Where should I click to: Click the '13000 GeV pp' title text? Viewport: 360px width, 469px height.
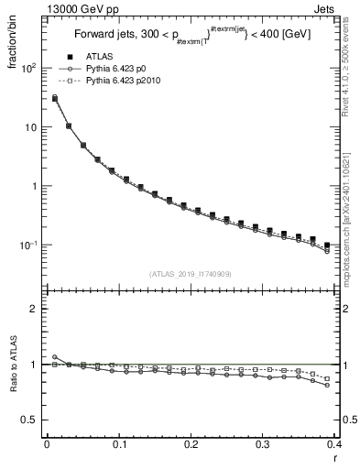(x=42, y=8)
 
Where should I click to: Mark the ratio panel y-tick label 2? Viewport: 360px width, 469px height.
(x=33, y=309)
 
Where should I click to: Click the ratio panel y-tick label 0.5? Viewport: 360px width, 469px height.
(x=29, y=420)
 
